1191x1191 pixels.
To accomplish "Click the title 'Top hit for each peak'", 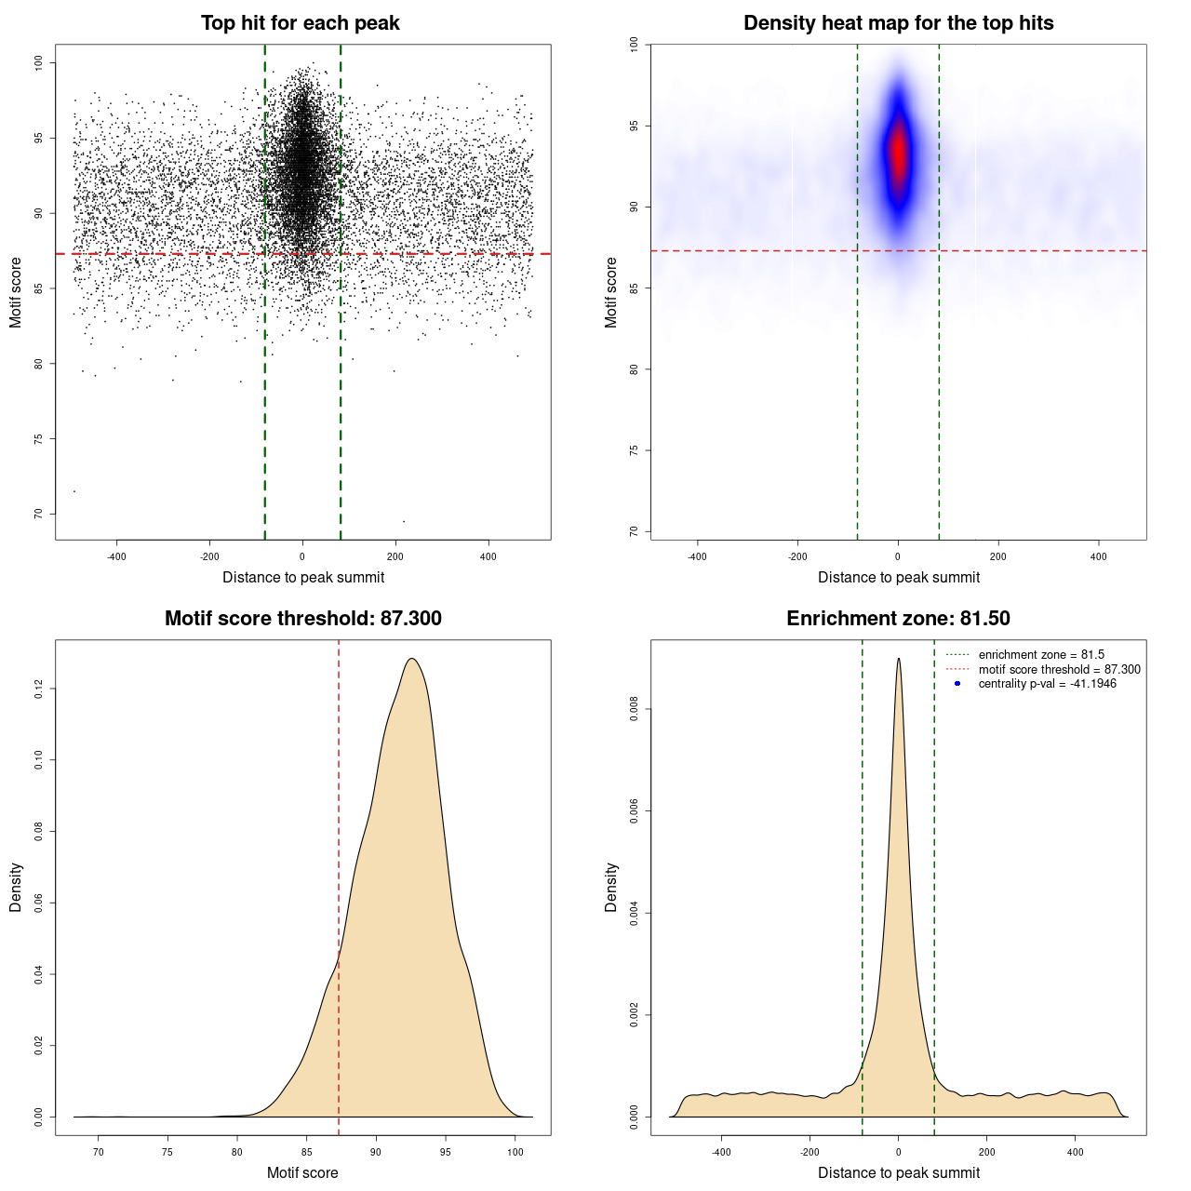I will pyautogui.click(x=300, y=23).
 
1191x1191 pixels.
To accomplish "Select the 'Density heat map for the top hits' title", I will pyautogui.click(x=898, y=23).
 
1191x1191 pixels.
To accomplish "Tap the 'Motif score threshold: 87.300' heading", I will pyautogui.click(x=302, y=619).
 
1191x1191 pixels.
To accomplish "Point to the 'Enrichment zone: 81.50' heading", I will pyautogui.click(x=898, y=619).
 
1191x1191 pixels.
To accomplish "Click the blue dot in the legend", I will pyautogui.click(x=957, y=684).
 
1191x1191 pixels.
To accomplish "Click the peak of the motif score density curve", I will pyautogui.click(x=411, y=659).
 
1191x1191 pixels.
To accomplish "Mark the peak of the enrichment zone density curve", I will pyautogui.click(x=899, y=659).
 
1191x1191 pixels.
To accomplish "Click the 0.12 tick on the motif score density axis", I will pyautogui.click(x=39, y=689).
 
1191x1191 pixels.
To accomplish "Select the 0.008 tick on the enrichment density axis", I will pyautogui.click(x=635, y=710).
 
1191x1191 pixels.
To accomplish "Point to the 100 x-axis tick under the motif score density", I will pyautogui.click(x=515, y=1152).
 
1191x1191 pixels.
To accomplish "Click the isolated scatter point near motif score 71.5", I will pyautogui.click(x=74, y=491).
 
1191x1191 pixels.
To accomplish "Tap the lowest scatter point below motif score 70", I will pyautogui.click(x=403, y=521).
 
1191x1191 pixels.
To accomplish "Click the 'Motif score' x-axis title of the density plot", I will pyautogui.click(x=302, y=1172).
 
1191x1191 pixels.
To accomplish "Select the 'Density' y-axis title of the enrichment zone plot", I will pyautogui.click(x=611, y=887).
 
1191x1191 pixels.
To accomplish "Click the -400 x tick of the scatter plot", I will pyautogui.click(x=116, y=556).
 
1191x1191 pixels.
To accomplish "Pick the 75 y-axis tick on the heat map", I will pyautogui.click(x=635, y=450).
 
